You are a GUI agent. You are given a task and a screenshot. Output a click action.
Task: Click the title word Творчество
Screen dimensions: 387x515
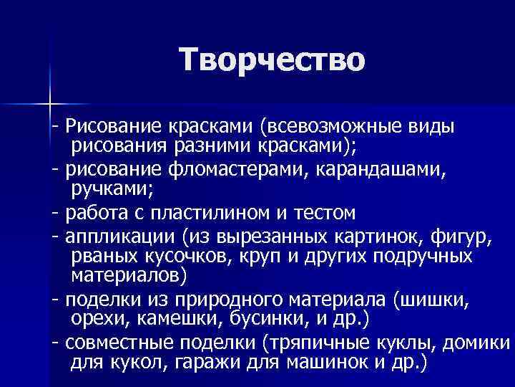(273, 59)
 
